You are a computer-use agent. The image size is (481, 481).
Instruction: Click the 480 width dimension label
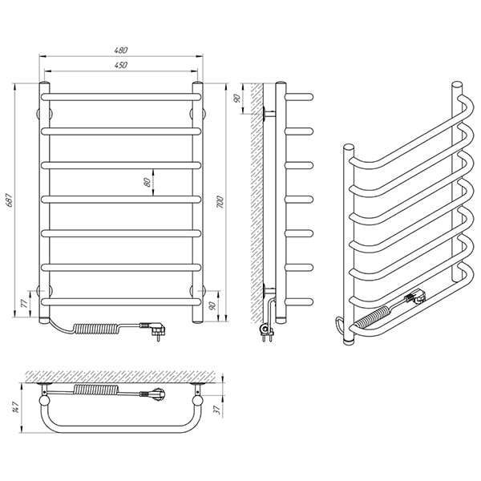[x=121, y=50]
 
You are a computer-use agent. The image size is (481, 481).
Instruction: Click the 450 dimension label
[x=121, y=65]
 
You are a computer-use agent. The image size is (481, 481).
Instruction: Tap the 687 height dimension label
[x=10, y=200]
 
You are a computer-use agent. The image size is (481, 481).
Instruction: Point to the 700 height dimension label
[x=220, y=202]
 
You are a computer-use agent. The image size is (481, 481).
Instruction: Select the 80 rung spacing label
[x=148, y=182]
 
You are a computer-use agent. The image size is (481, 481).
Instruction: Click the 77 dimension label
[x=24, y=303]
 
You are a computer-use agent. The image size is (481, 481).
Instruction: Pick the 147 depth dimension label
[x=16, y=406]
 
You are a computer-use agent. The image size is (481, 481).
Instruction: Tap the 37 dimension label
[x=217, y=410]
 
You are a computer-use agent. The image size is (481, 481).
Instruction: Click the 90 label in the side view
[x=236, y=99]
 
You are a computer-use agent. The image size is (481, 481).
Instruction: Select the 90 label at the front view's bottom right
[x=212, y=305]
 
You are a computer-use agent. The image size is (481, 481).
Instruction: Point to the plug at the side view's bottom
[x=267, y=331]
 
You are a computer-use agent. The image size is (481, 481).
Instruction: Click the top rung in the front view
[x=121, y=97]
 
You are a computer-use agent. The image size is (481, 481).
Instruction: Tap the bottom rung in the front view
[x=121, y=302]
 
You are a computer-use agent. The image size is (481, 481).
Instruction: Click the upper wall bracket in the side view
[x=269, y=114]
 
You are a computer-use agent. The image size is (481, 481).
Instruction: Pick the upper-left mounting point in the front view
[x=44, y=114]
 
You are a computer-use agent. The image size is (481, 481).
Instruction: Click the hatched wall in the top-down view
[x=123, y=377]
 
